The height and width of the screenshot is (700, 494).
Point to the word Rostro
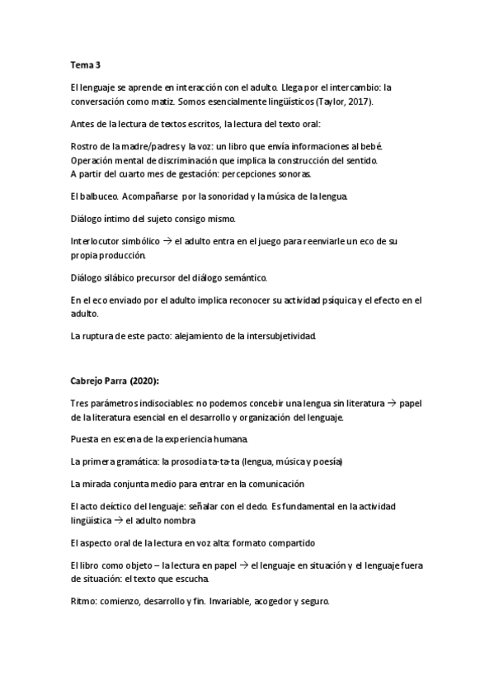(85, 147)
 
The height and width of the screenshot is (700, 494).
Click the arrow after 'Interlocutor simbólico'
(166, 242)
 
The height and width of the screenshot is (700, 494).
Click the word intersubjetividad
(291, 337)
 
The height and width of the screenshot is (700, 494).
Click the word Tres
(81, 403)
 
